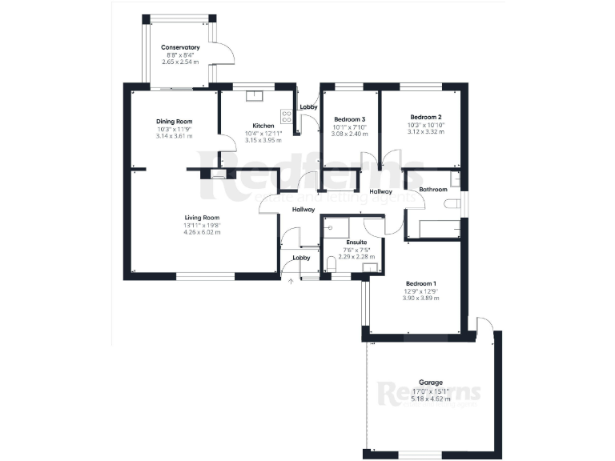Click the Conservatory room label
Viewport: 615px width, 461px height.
[x=180, y=47]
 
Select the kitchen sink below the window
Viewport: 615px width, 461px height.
[x=255, y=96]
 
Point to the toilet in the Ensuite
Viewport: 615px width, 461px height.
[x=332, y=265]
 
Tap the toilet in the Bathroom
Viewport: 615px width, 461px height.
[x=454, y=203]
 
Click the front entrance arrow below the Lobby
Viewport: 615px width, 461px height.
[x=291, y=281]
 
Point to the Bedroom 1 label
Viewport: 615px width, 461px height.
[x=420, y=284]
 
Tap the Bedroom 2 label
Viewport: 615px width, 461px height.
[x=420, y=118]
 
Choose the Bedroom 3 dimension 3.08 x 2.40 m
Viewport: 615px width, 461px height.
[x=349, y=134]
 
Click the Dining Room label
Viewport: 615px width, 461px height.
[x=174, y=121]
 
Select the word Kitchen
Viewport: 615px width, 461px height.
[x=263, y=126]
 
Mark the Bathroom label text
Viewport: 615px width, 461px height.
[x=432, y=190]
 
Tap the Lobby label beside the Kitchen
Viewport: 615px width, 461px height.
[x=308, y=106]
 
